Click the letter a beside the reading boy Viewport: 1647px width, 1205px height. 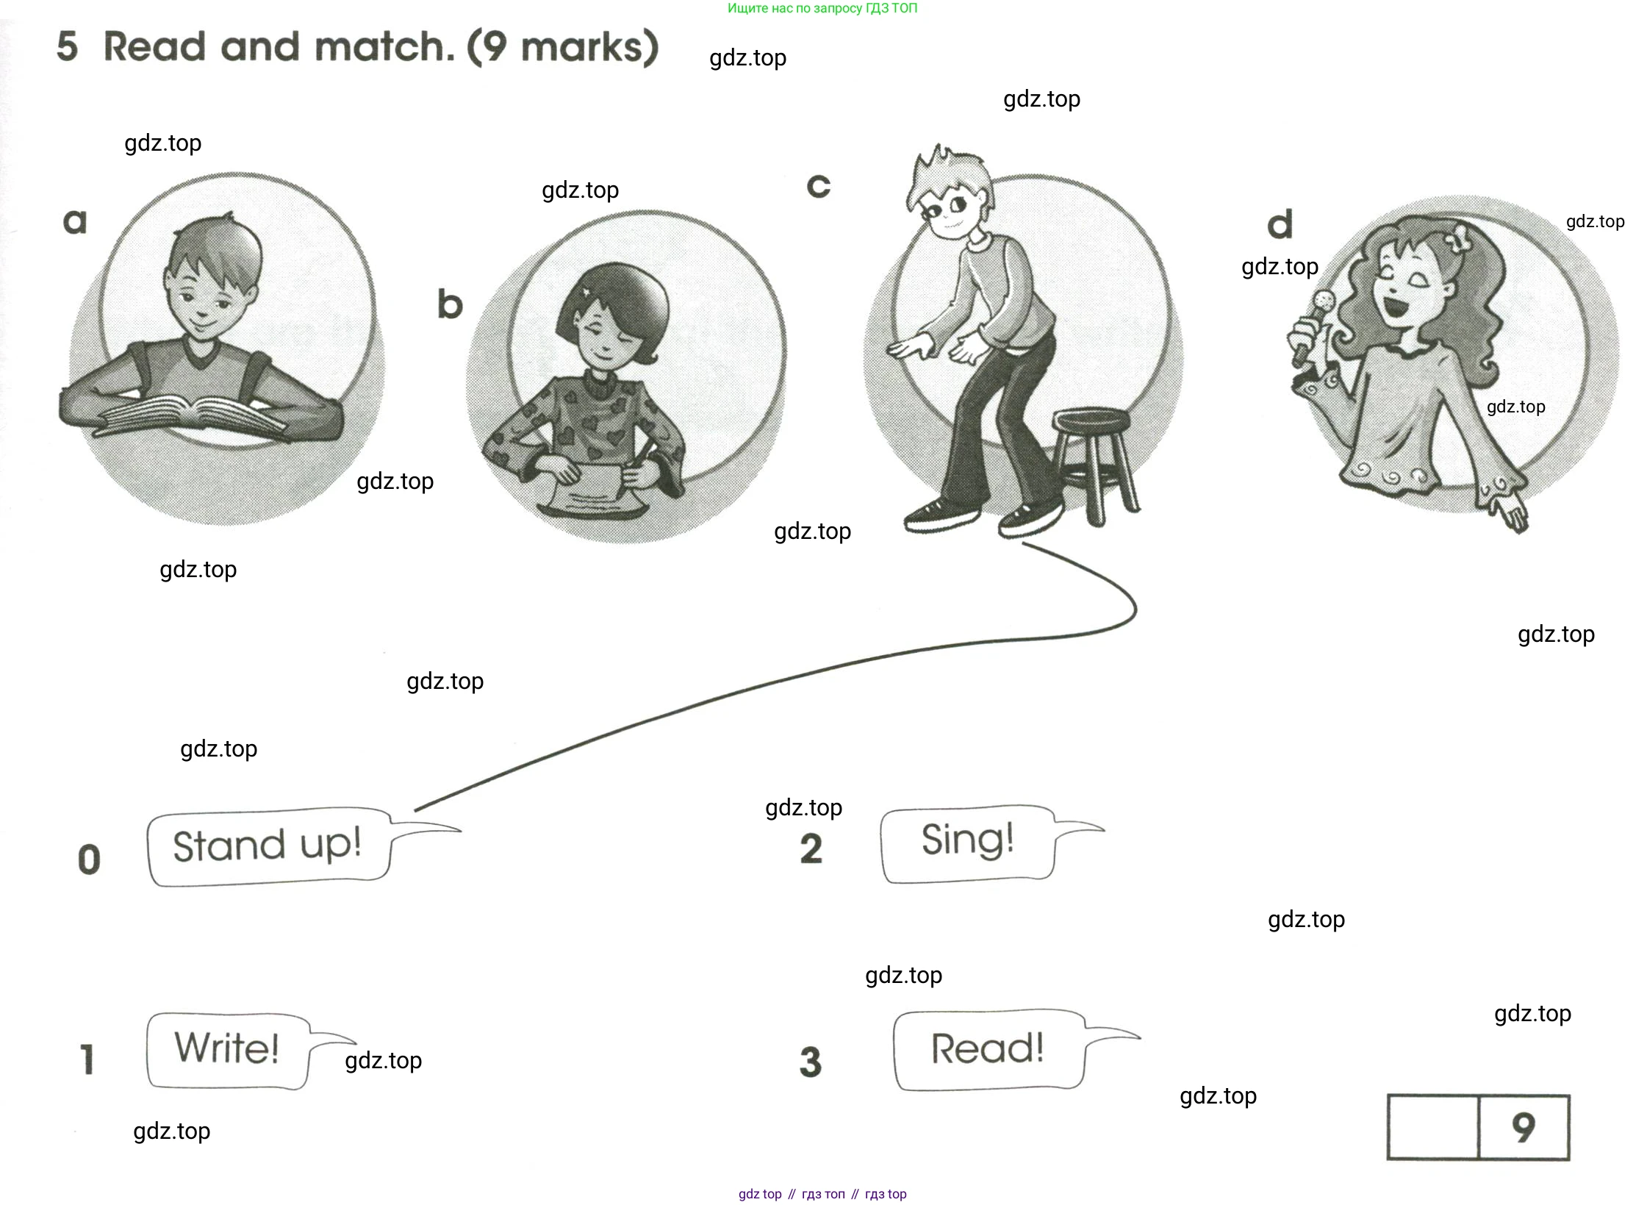75,221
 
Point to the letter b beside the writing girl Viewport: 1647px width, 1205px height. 450,304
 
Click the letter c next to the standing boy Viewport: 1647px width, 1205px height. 818,186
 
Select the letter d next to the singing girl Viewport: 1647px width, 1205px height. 1280,224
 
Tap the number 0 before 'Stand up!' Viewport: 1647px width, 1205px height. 89,859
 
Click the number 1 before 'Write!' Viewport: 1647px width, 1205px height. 87,1059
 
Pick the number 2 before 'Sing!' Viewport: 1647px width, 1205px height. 811,848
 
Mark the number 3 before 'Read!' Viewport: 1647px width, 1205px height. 810,1062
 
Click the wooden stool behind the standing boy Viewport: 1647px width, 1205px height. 1094,463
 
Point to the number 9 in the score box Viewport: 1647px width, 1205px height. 1523,1127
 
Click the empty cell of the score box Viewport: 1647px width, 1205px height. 1432,1127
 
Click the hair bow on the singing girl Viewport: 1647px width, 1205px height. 1459,238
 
